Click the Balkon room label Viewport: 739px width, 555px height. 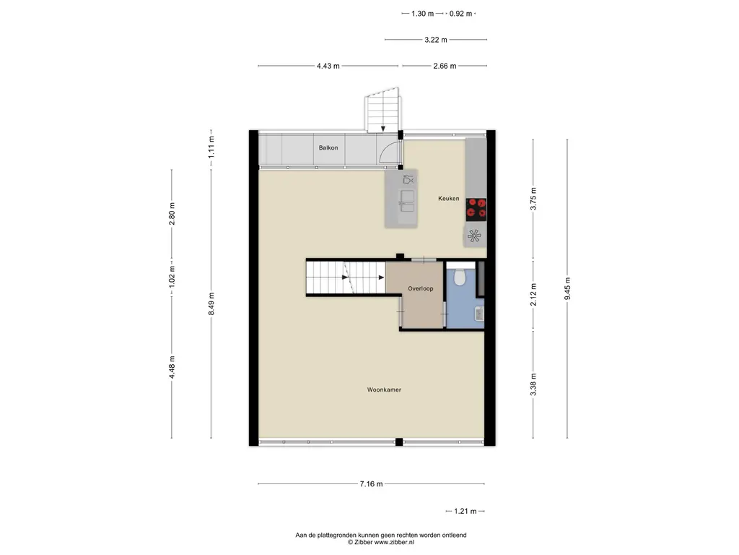pyautogui.click(x=328, y=147)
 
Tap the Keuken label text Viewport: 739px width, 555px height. pyautogui.click(x=448, y=199)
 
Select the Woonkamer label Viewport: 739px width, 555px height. pyautogui.click(x=384, y=390)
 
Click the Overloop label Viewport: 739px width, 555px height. pyautogui.click(x=421, y=288)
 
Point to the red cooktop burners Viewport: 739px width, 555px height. pyautogui.click(x=476, y=210)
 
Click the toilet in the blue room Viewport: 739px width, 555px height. pyautogui.click(x=460, y=277)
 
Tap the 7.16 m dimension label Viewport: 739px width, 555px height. pyautogui.click(x=372, y=483)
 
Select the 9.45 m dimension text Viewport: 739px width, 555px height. pyautogui.click(x=567, y=288)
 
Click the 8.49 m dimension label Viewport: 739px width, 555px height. pyautogui.click(x=211, y=304)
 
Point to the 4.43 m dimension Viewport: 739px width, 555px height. pyautogui.click(x=328, y=66)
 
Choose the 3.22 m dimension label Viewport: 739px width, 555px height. pyautogui.click(x=435, y=40)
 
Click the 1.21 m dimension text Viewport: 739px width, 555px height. pyautogui.click(x=465, y=511)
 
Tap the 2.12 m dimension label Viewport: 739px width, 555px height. pyautogui.click(x=533, y=295)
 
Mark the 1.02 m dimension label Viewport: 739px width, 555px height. pyautogui.click(x=172, y=277)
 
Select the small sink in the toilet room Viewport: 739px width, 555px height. pyautogui.click(x=479, y=314)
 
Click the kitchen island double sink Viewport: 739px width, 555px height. pyautogui.click(x=407, y=202)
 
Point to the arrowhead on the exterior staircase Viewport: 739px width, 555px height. pyautogui.click(x=383, y=129)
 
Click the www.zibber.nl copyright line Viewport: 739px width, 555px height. pyautogui.click(x=381, y=542)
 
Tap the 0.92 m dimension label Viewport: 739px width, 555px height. pyautogui.click(x=460, y=14)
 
